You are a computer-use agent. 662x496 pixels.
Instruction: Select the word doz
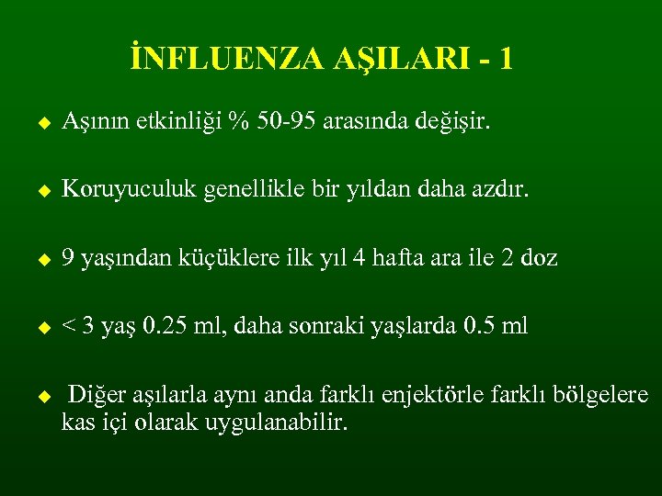539,258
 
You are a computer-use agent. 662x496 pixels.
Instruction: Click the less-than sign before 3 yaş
69,327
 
